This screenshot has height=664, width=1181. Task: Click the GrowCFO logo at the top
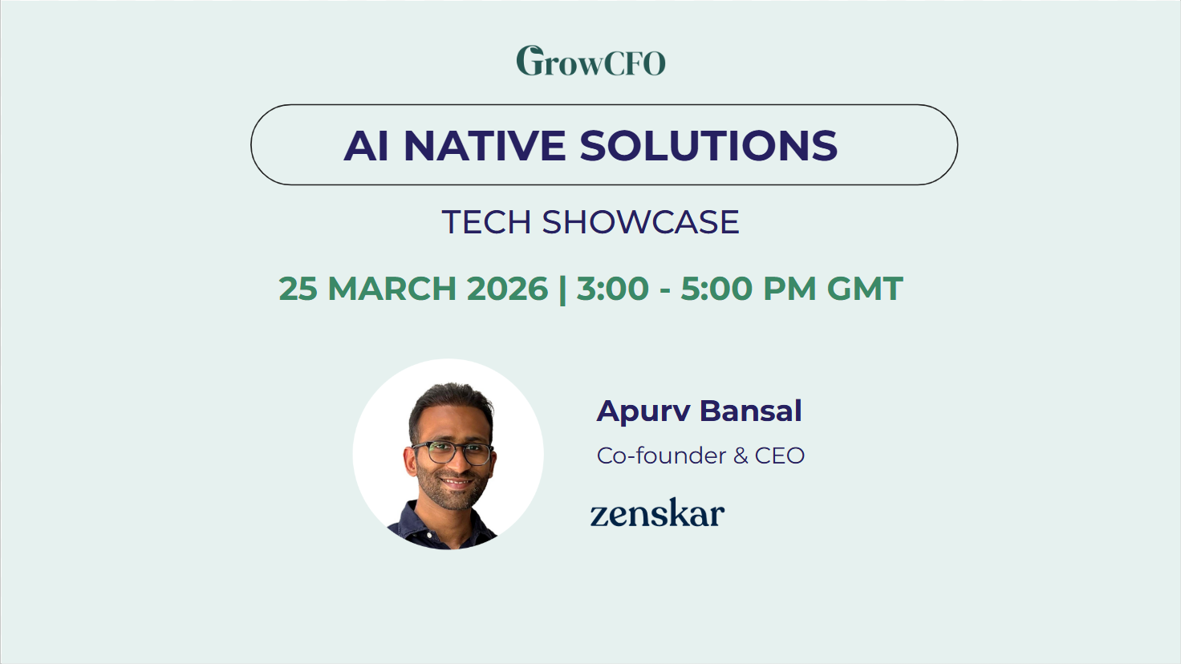[590, 61]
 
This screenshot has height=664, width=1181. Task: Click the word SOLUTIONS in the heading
[708, 145]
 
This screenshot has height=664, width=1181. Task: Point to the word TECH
[486, 222]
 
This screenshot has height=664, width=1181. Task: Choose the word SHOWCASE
[640, 222]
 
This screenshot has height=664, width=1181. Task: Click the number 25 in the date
[298, 289]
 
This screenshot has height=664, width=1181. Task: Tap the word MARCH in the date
[392, 289]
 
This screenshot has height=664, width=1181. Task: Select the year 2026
[507, 289]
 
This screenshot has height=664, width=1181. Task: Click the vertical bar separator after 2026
[562, 289]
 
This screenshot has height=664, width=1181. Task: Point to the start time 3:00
[612, 289]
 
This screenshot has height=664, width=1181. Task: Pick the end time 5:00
[716, 289]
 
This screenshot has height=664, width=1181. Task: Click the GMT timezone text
[865, 289]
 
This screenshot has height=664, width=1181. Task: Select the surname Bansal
[751, 411]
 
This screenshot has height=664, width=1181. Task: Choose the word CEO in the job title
[780, 455]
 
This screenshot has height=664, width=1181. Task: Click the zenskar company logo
[657, 512]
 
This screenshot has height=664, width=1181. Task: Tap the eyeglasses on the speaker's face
[453, 452]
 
